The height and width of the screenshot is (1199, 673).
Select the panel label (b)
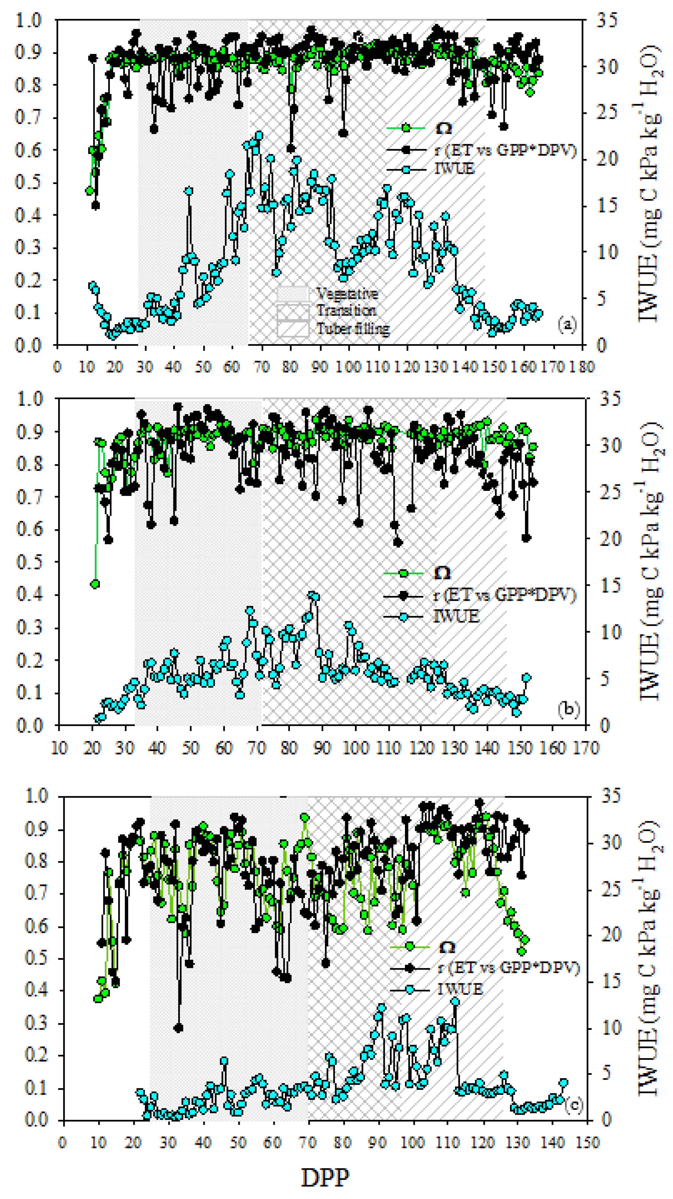[568, 709]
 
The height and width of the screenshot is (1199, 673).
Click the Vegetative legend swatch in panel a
[293, 294]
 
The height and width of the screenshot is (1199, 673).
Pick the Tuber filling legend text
[353, 329]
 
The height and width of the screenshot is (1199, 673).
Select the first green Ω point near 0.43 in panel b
[95, 584]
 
